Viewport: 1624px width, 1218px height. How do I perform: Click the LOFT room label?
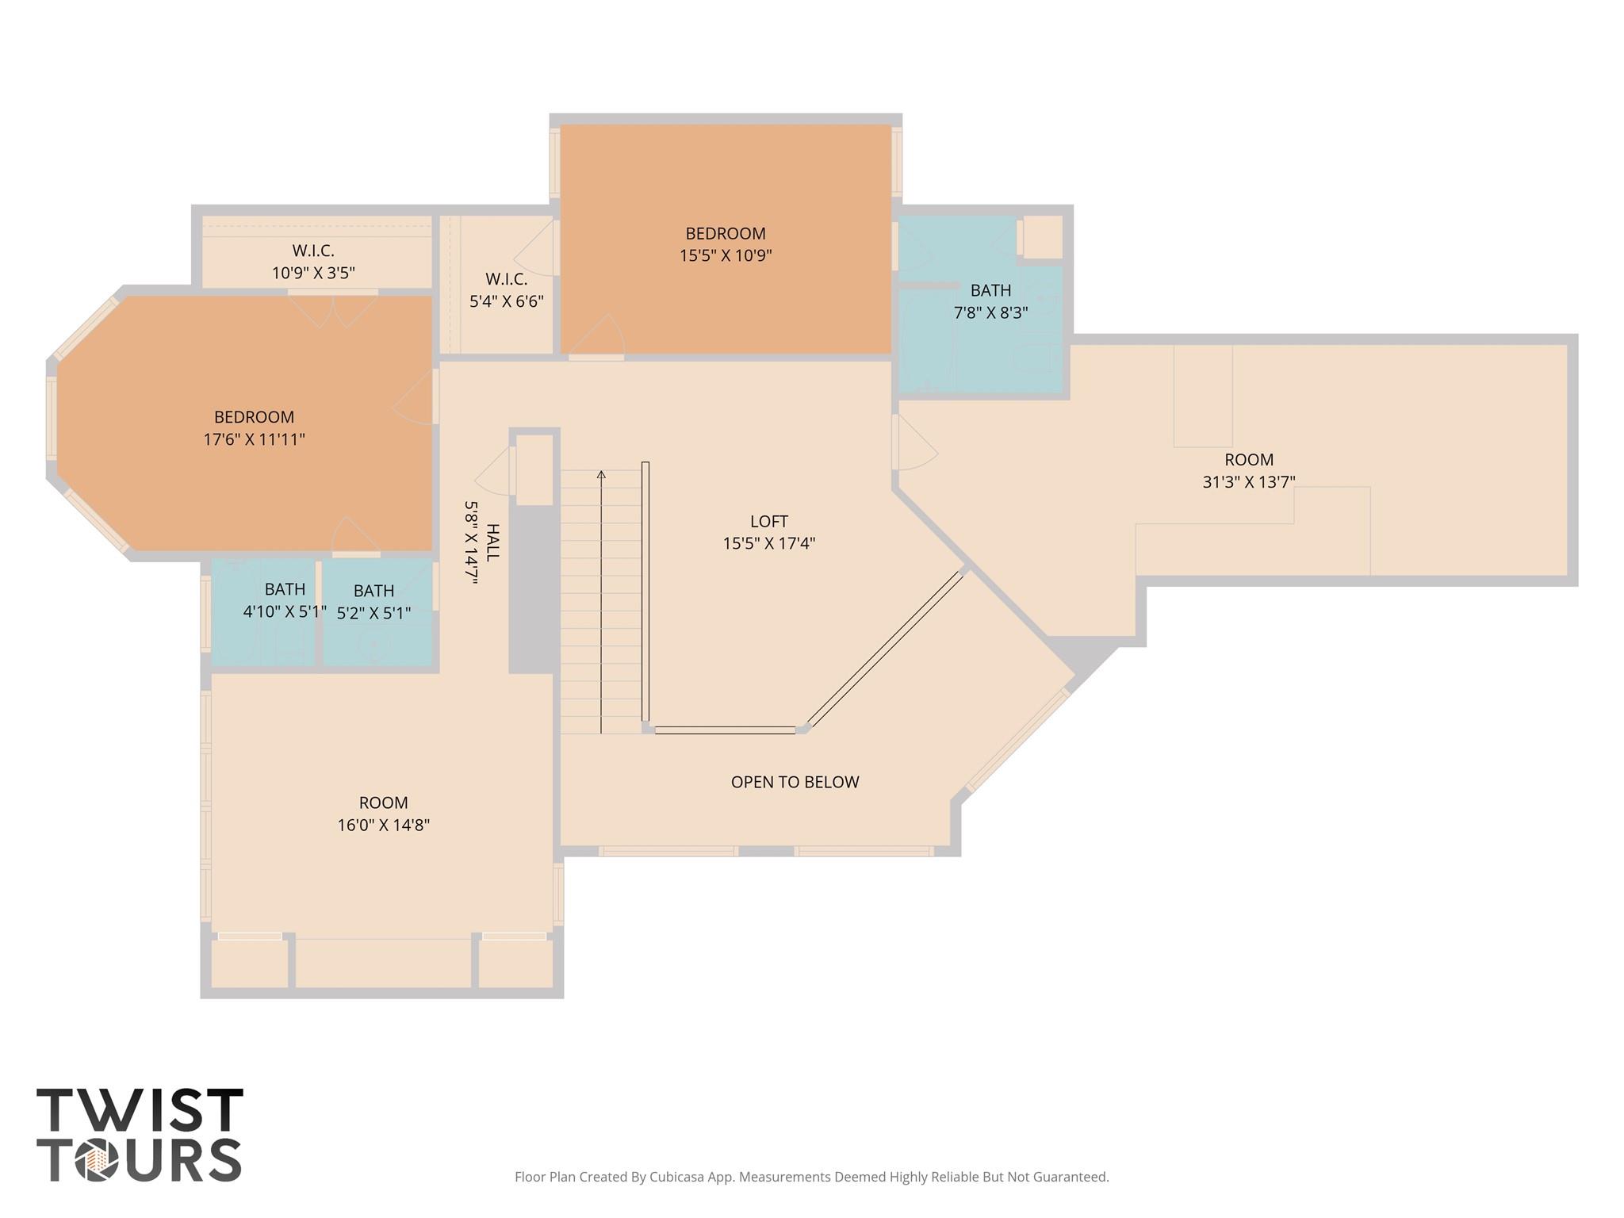click(x=768, y=521)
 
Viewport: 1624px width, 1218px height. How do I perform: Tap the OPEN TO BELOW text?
click(x=795, y=782)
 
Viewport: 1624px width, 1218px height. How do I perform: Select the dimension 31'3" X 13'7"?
click(x=1248, y=482)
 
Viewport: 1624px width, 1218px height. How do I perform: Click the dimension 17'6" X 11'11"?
click(x=254, y=439)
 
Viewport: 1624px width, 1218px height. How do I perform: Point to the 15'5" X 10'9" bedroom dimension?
click(x=725, y=255)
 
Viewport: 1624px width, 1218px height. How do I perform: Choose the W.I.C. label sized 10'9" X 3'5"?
click(x=312, y=251)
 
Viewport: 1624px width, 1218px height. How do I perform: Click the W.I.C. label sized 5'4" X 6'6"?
click(x=506, y=279)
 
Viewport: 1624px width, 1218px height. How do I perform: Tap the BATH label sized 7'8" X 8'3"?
click(x=990, y=290)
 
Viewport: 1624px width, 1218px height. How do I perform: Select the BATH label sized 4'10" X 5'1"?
click(x=285, y=589)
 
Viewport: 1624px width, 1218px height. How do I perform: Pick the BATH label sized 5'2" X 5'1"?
click(x=373, y=591)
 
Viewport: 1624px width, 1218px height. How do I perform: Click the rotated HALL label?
click(x=492, y=542)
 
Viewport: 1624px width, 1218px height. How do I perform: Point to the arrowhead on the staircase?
click(x=601, y=474)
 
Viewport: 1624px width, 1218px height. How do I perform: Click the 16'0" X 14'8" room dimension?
click(x=383, y=825)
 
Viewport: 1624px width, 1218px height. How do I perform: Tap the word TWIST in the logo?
click(x=140, y=1110)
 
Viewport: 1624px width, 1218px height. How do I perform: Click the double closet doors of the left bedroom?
click(x=333, y=309)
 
